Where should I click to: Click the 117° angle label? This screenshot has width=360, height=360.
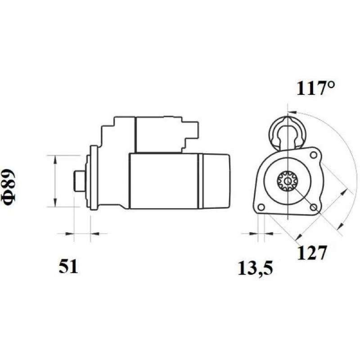tap(316, 88)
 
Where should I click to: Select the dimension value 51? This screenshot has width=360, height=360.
tap(68, 266)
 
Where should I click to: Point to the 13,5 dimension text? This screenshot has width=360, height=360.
tap(255, 268)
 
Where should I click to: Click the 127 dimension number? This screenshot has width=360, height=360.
tap(311, 252)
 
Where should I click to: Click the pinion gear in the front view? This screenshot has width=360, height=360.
tap(287, 181)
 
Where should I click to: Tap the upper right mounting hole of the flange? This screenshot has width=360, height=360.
tap(313, 155)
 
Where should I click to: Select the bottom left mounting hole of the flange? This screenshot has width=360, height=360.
tap(261, 207)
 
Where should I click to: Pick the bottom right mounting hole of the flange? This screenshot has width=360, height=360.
tap(313, 207)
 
